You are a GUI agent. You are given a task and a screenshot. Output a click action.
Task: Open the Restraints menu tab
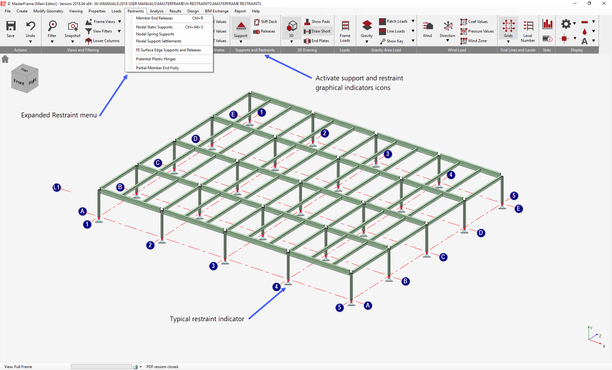pos(135,11)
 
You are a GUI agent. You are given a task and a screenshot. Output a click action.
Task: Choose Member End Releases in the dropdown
pos(154,18)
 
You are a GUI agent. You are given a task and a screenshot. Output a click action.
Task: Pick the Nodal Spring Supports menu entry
pos(155,34)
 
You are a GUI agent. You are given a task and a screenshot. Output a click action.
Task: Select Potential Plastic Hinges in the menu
pos(156,59)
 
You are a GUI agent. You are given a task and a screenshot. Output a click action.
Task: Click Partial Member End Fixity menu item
pos(157,68)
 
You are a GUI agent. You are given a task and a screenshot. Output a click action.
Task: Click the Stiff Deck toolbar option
pos(266,22)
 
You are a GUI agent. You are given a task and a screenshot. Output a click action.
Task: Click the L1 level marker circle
pos(57,188)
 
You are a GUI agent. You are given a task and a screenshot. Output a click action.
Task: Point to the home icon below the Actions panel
pos(5,59)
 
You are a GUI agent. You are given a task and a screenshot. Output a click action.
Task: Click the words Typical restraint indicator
pos(207,319)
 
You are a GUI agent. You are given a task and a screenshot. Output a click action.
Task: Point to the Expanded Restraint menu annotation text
pos(59,115)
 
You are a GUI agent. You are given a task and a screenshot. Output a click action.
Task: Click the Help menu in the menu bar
pos(256,11)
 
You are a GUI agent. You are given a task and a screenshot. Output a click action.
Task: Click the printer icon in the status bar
pos(135,367)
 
